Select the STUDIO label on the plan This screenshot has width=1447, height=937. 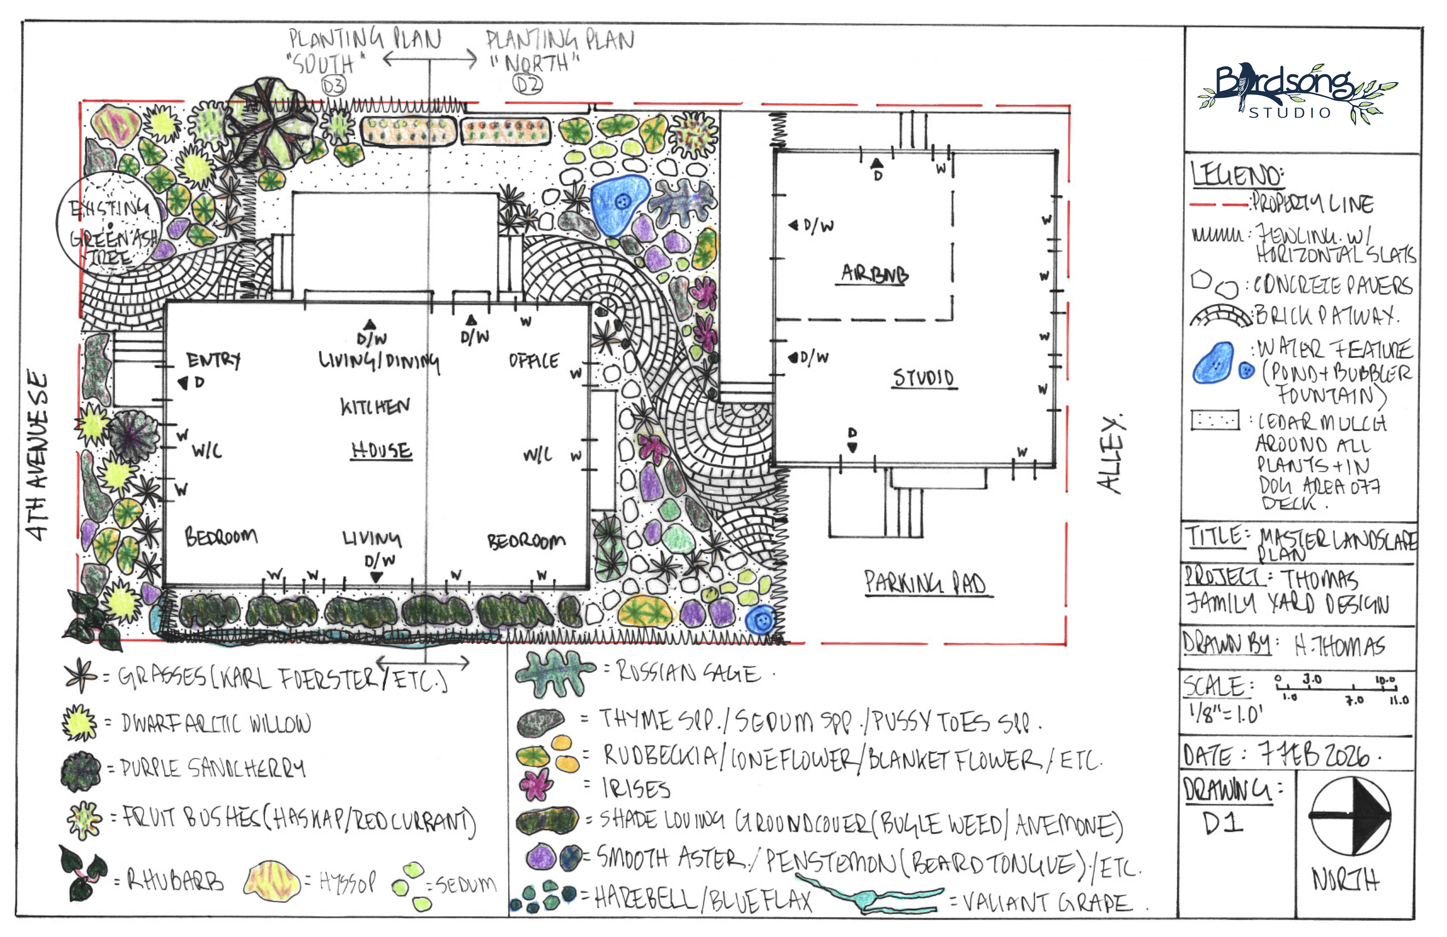tap(923, 379)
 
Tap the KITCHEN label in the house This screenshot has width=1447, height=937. tap(374, 406)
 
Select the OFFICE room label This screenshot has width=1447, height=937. tap(533, 361)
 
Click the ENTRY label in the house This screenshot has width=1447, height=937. tap(214, 360)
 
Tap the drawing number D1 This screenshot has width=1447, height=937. tap(1222, 823)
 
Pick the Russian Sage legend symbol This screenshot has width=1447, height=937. tap(554, 673)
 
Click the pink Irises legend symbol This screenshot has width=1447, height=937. tap(536, 784)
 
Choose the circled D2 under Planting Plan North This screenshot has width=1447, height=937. tap(527, 84)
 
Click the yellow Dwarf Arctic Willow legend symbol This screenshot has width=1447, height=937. tap(79, 723)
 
